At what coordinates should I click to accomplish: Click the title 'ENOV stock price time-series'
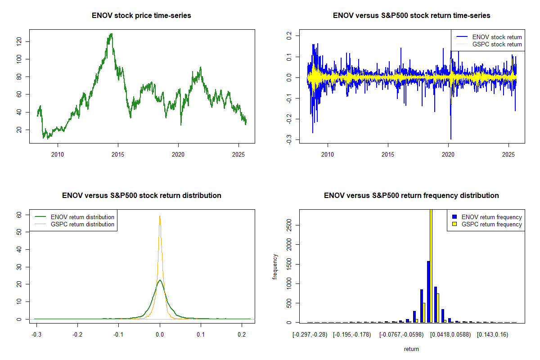point(142,16)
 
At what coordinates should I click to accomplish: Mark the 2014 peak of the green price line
point(111,34)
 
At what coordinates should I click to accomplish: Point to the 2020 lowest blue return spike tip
point(450,139)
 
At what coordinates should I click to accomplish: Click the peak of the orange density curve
point(160,216)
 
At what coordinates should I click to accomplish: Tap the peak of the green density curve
point(160,280)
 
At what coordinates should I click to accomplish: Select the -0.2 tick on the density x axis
point(77,335)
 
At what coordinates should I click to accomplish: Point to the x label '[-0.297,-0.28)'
point(311,335)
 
